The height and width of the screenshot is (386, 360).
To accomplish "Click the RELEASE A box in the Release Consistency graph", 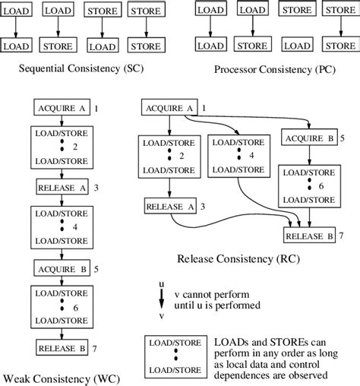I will click(169, 205).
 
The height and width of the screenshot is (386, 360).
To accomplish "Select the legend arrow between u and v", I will click(159, 298).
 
